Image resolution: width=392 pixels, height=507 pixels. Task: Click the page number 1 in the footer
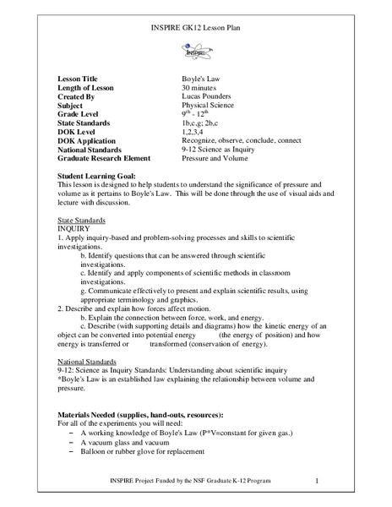(x=315, y=482)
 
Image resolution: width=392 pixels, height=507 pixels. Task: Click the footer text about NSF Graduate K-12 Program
(x=181, y=482)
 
